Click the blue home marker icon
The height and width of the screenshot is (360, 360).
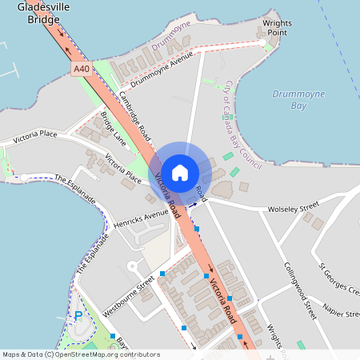tap(180, 172)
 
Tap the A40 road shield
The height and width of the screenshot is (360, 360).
tap(82, 70)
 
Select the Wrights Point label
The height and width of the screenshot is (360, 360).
tap(276, 27)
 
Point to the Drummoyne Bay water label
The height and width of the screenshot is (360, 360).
tap(298, 99)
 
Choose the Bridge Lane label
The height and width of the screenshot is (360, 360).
tap(114, 129)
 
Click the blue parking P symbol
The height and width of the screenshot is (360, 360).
tap(78, 316)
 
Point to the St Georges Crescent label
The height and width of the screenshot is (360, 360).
tap(340, 278)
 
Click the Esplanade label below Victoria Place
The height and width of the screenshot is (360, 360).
tap(75, 188)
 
